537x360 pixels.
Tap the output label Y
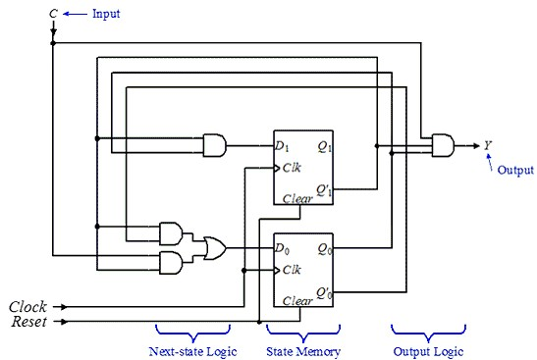488,146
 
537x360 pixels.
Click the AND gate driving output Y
444,146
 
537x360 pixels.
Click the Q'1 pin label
322,189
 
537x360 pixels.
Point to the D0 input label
285,249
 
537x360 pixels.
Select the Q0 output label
322,249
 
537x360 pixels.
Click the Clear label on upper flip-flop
297,199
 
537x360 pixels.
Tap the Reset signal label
28,321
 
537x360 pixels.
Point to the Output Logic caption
424,350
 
